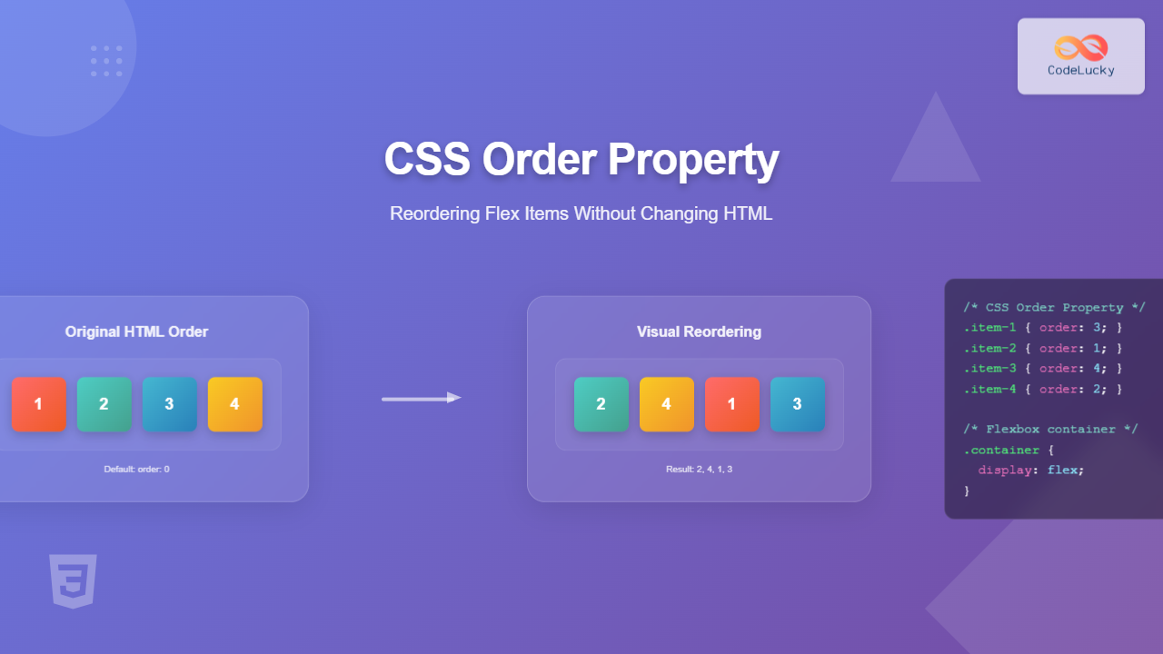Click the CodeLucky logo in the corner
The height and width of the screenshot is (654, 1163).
point(1080,55)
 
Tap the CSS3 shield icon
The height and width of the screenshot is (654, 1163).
point(73,580)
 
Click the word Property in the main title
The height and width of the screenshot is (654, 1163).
point(693,159)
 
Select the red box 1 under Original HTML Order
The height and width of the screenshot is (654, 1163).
point(38,404)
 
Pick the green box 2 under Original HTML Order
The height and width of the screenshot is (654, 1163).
point(104,404)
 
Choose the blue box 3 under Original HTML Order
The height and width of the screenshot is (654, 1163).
point(169,404)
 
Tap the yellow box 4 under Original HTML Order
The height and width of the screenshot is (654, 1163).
point(234,404)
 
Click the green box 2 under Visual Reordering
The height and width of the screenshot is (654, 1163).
point(601,404)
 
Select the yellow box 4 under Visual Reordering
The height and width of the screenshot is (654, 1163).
point(666,404)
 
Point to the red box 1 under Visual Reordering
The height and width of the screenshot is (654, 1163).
point(731,404)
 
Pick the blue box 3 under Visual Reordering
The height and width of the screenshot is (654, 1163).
point(797,404)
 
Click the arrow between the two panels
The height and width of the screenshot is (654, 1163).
point(421,398)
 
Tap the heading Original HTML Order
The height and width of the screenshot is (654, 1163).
point(136,332)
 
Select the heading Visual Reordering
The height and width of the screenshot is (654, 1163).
point(699,332)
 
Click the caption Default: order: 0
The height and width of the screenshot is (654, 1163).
point(136,470)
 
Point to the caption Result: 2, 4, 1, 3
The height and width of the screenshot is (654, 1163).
point(699,470)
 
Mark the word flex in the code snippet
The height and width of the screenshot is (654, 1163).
point(1064,470)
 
